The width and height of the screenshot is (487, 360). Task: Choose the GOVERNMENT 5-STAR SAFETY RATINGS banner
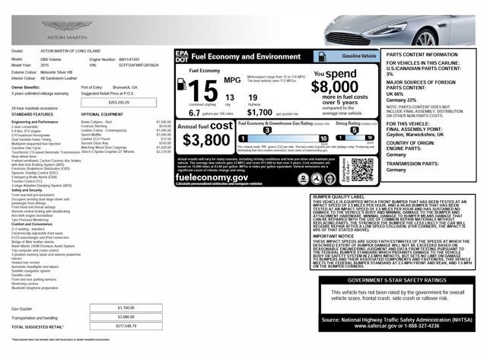[393, 280]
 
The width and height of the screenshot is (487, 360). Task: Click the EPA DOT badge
[180, 56]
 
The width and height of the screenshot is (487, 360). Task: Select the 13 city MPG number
[230, 97]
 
